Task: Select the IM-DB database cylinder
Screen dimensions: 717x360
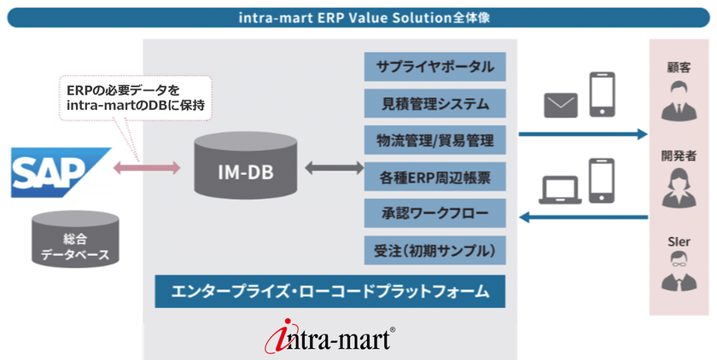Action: [246, 165]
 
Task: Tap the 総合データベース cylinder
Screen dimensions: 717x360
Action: [75, 239]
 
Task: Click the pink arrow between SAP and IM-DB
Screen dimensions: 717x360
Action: [147, 168]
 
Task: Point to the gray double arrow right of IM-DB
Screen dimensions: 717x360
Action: [335, 168]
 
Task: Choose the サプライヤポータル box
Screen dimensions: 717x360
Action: [434, 67]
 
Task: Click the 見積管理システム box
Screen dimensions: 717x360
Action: [434, 103]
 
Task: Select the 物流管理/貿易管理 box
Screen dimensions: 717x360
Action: [434, 140]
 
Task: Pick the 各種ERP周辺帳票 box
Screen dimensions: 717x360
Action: [434, 177]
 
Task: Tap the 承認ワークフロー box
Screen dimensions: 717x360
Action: [434, 213]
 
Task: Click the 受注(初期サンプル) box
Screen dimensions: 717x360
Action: [434, 250]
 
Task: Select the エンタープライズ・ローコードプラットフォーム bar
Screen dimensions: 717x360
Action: [330, 291]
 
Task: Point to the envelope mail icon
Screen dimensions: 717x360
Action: [561, 105]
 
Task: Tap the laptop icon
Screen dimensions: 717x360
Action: [560, 189]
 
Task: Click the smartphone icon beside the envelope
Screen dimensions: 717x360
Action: [602, 94]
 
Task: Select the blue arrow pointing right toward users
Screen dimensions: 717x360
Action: [583, 134]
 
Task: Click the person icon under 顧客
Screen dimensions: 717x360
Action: [679, 101]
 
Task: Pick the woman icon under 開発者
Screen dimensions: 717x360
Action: [679, 188]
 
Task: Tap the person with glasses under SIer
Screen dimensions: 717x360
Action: [679, 272]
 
